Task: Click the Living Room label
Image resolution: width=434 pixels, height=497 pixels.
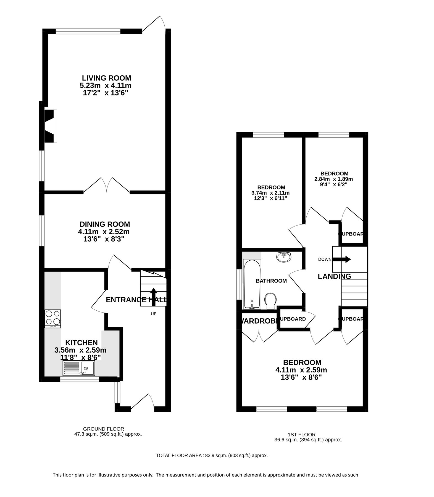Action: click(x=106, y=78)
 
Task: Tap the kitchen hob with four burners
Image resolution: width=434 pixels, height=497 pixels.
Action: click(x=53, y=319)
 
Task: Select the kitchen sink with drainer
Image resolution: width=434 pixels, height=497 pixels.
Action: click(x=79, y=368)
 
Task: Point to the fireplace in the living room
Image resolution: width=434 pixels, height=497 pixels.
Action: click(x=50, y=126)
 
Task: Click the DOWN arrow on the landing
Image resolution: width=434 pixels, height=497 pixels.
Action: click(x=342, y=259)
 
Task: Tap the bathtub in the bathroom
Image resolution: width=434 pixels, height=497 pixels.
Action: click(x=251, y=284)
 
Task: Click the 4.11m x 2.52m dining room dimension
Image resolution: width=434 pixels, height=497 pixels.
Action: click(x=104, y=232)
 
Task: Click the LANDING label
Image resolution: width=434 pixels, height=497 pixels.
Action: click(x=334, y=276)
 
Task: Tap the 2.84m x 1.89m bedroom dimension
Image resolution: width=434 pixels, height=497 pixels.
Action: click(x=334, y=179)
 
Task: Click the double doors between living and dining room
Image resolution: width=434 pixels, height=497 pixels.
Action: click(x=107, y=185)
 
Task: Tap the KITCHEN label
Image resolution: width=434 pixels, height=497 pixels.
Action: click(x=81, y=343)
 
